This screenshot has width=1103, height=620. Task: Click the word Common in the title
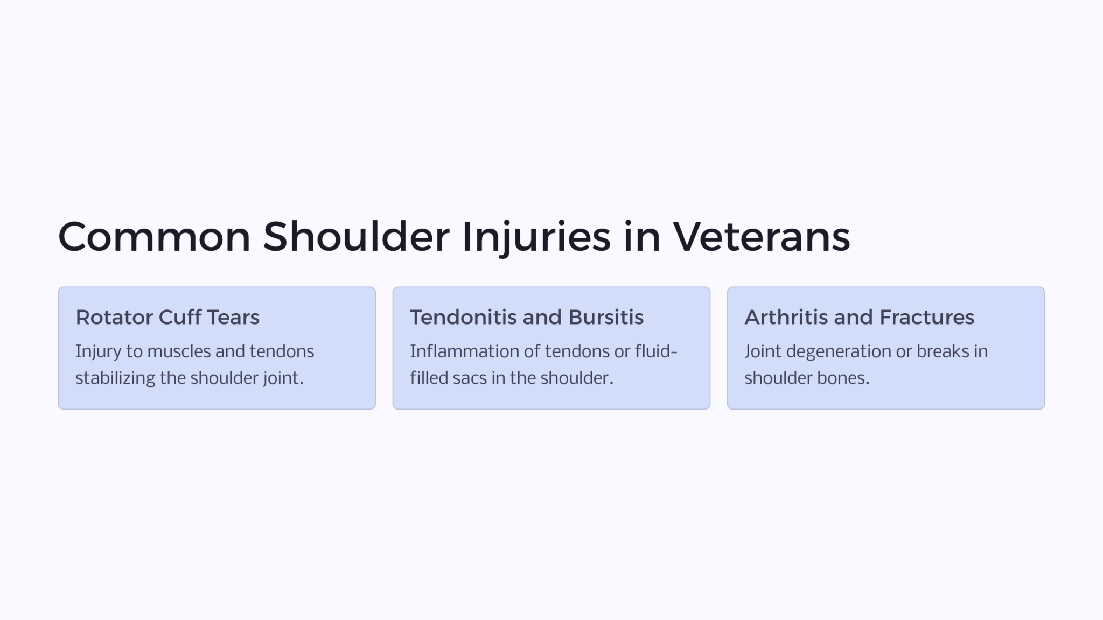(x=154, y=237)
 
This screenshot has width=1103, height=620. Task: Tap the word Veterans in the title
(x=761, y=237)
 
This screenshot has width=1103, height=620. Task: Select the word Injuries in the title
(x=536, y=237)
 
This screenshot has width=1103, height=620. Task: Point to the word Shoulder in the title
(x=356, y=237)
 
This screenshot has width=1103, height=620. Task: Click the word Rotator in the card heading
(x=115, y=318)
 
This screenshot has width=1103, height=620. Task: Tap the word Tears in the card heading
(x=233, y=318)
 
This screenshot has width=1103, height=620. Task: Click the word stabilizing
(x=115, y=378)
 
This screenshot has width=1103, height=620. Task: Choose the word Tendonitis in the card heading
(x=464, y=318)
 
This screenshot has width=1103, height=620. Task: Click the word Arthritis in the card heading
(x=786, y=318)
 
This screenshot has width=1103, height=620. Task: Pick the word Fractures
(x=927, y=318)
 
